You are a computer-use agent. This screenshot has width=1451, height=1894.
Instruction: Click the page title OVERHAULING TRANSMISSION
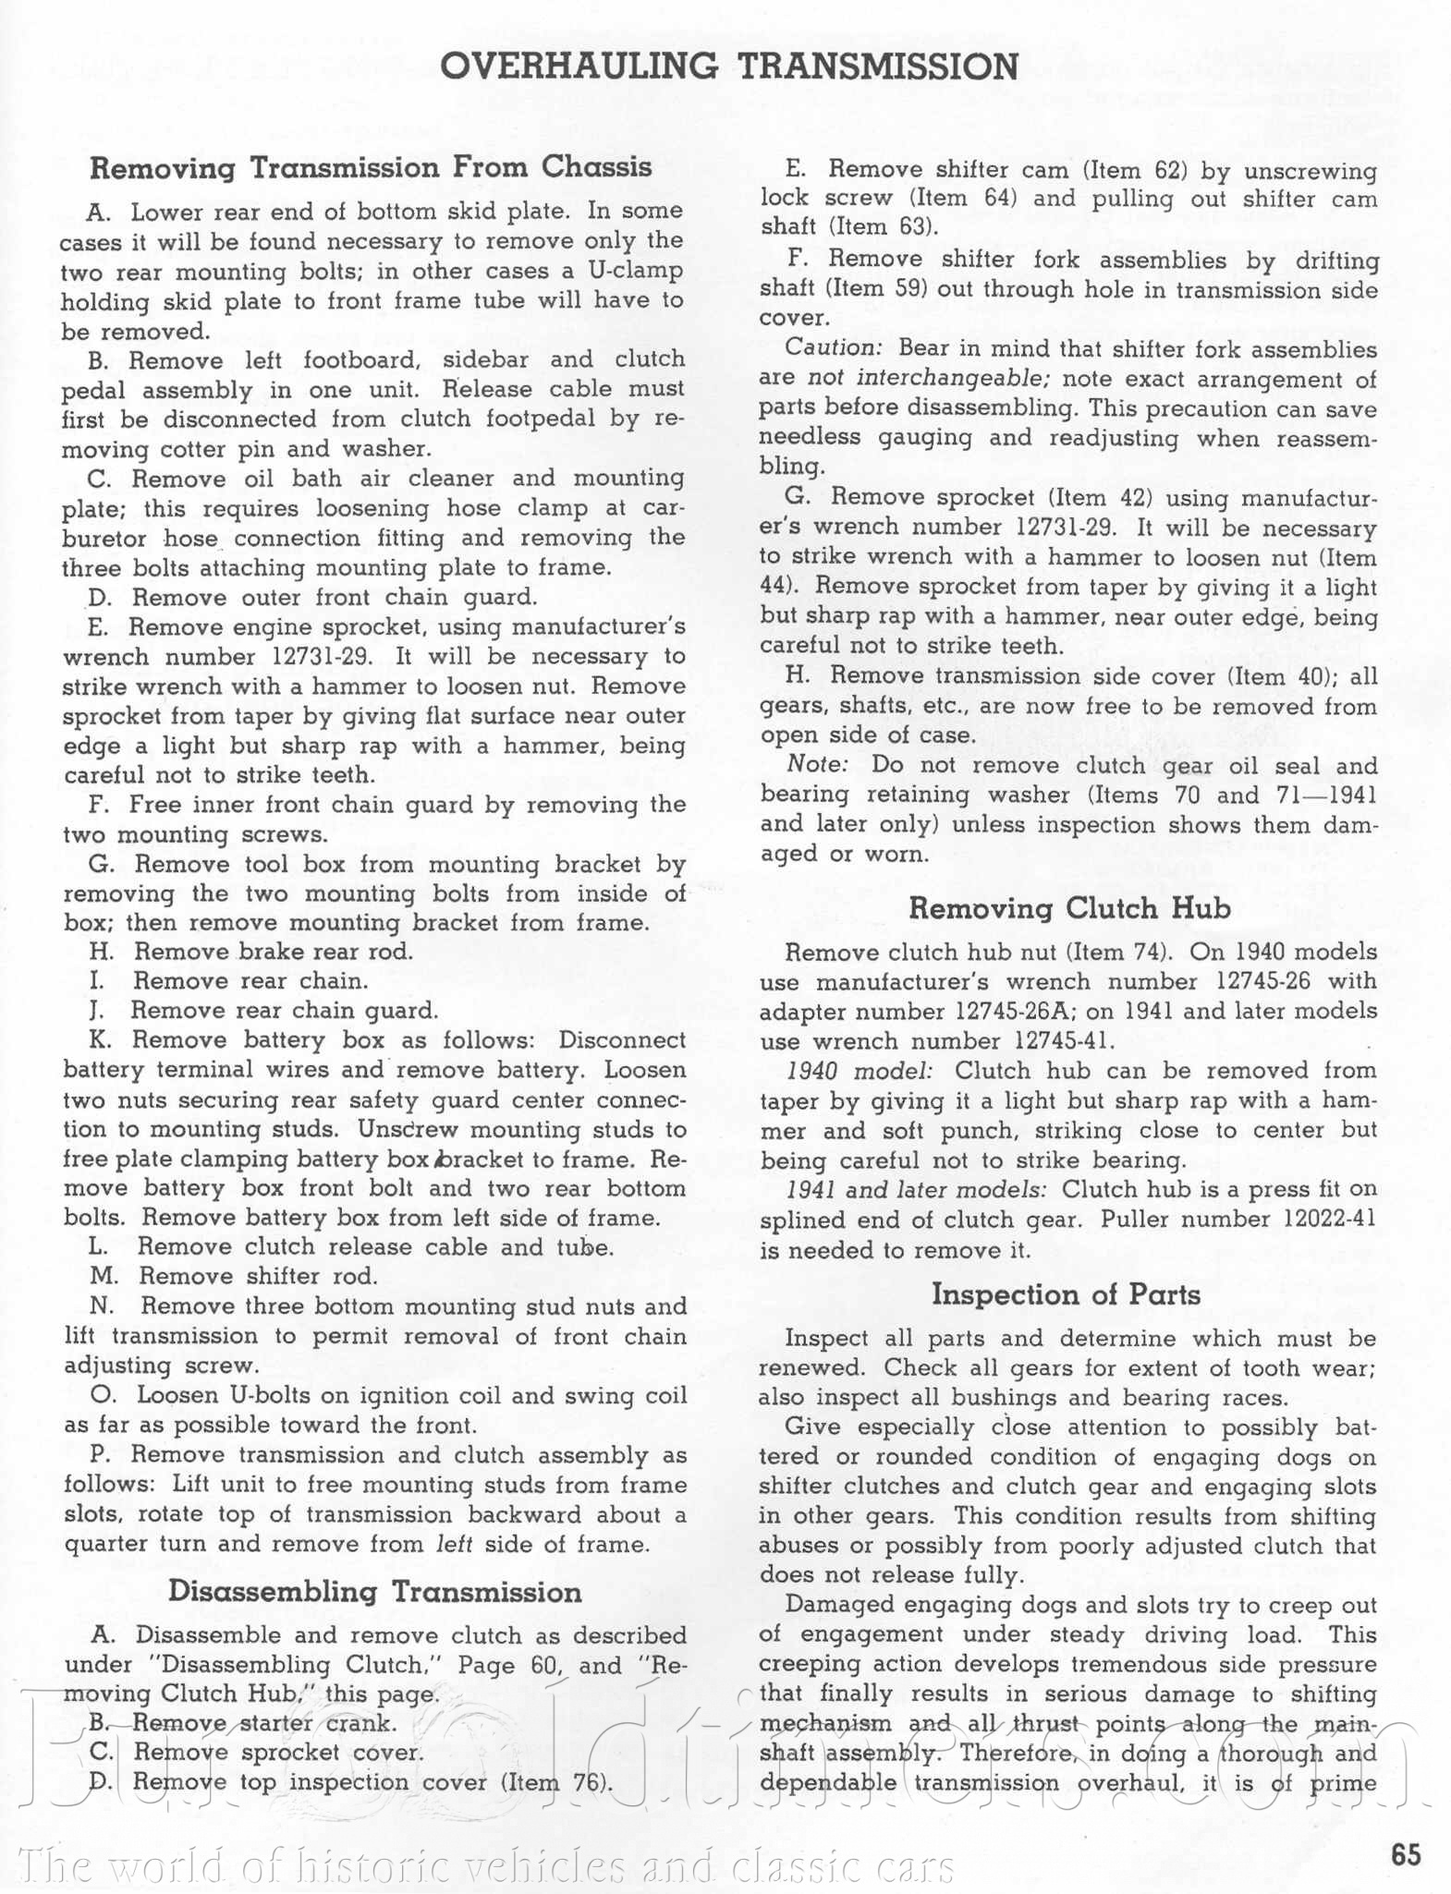[x=729, y=67]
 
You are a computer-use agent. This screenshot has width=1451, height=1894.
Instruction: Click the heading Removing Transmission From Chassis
[x=371, y=167]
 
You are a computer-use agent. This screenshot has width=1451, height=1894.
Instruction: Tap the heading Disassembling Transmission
[x=374, y=1592]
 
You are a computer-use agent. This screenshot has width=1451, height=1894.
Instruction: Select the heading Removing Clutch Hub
[x=1069, y=908]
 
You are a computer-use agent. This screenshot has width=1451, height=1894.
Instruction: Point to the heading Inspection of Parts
[x=1066, y=1294]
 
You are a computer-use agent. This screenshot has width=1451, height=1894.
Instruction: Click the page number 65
[x=1406, y=1854]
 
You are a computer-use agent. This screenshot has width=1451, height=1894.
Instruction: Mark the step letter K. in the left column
[x=101, y=1040]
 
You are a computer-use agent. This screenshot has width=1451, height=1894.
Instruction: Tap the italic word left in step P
[x=453, y=1544]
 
